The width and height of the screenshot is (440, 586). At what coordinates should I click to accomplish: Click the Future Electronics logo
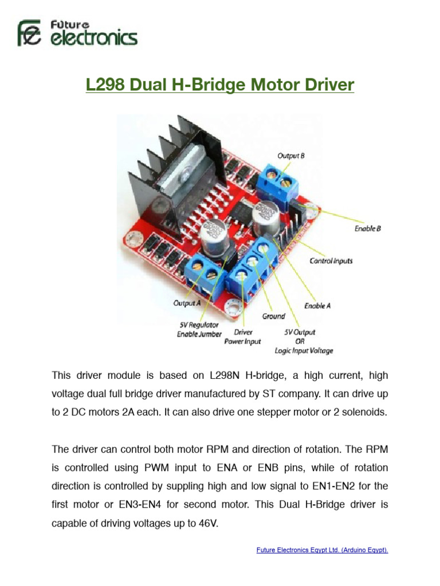[x=77, y=33]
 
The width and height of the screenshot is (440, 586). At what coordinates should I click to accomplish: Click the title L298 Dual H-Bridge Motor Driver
[x=220, y=85]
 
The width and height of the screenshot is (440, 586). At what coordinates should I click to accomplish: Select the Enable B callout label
[x=367, y=228]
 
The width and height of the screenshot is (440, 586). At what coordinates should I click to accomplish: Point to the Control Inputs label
[x=331, y=261]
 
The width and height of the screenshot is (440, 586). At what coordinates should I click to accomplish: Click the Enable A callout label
[x=317, y=306]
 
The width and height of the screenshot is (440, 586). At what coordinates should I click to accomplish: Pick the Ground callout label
[x=273, y=316]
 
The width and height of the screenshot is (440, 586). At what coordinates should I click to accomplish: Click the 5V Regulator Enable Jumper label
[x=199, y=330]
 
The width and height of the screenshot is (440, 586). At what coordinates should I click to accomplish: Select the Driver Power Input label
[x=247, y=336]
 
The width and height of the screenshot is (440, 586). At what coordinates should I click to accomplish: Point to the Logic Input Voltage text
[x=308, y=351]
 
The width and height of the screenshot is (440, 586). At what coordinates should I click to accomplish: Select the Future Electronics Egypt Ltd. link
[x=322, y=551]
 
